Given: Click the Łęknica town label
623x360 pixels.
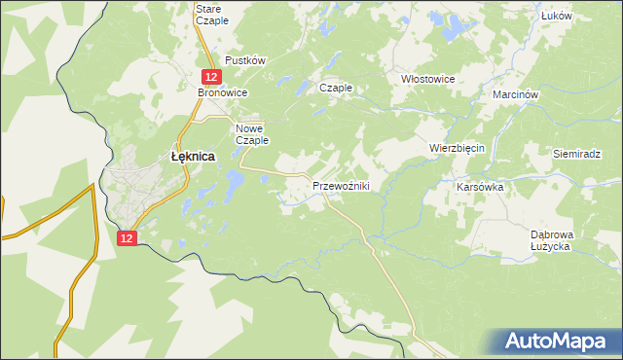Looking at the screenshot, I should point(192,155).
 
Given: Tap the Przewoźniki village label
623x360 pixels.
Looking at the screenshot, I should point(340,186).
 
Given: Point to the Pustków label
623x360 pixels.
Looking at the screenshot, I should point(245,60).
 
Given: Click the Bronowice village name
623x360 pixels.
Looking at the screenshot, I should point(223,92).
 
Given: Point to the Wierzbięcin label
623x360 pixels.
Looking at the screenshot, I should point(457,148).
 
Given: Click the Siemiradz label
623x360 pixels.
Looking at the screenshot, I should point(578,154).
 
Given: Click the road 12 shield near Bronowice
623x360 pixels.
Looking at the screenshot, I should point(210,76).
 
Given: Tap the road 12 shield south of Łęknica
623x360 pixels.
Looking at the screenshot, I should point(128,237).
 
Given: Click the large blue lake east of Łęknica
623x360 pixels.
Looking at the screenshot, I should point(234,181).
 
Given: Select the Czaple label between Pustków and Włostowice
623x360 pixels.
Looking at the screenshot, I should point(336,88).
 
